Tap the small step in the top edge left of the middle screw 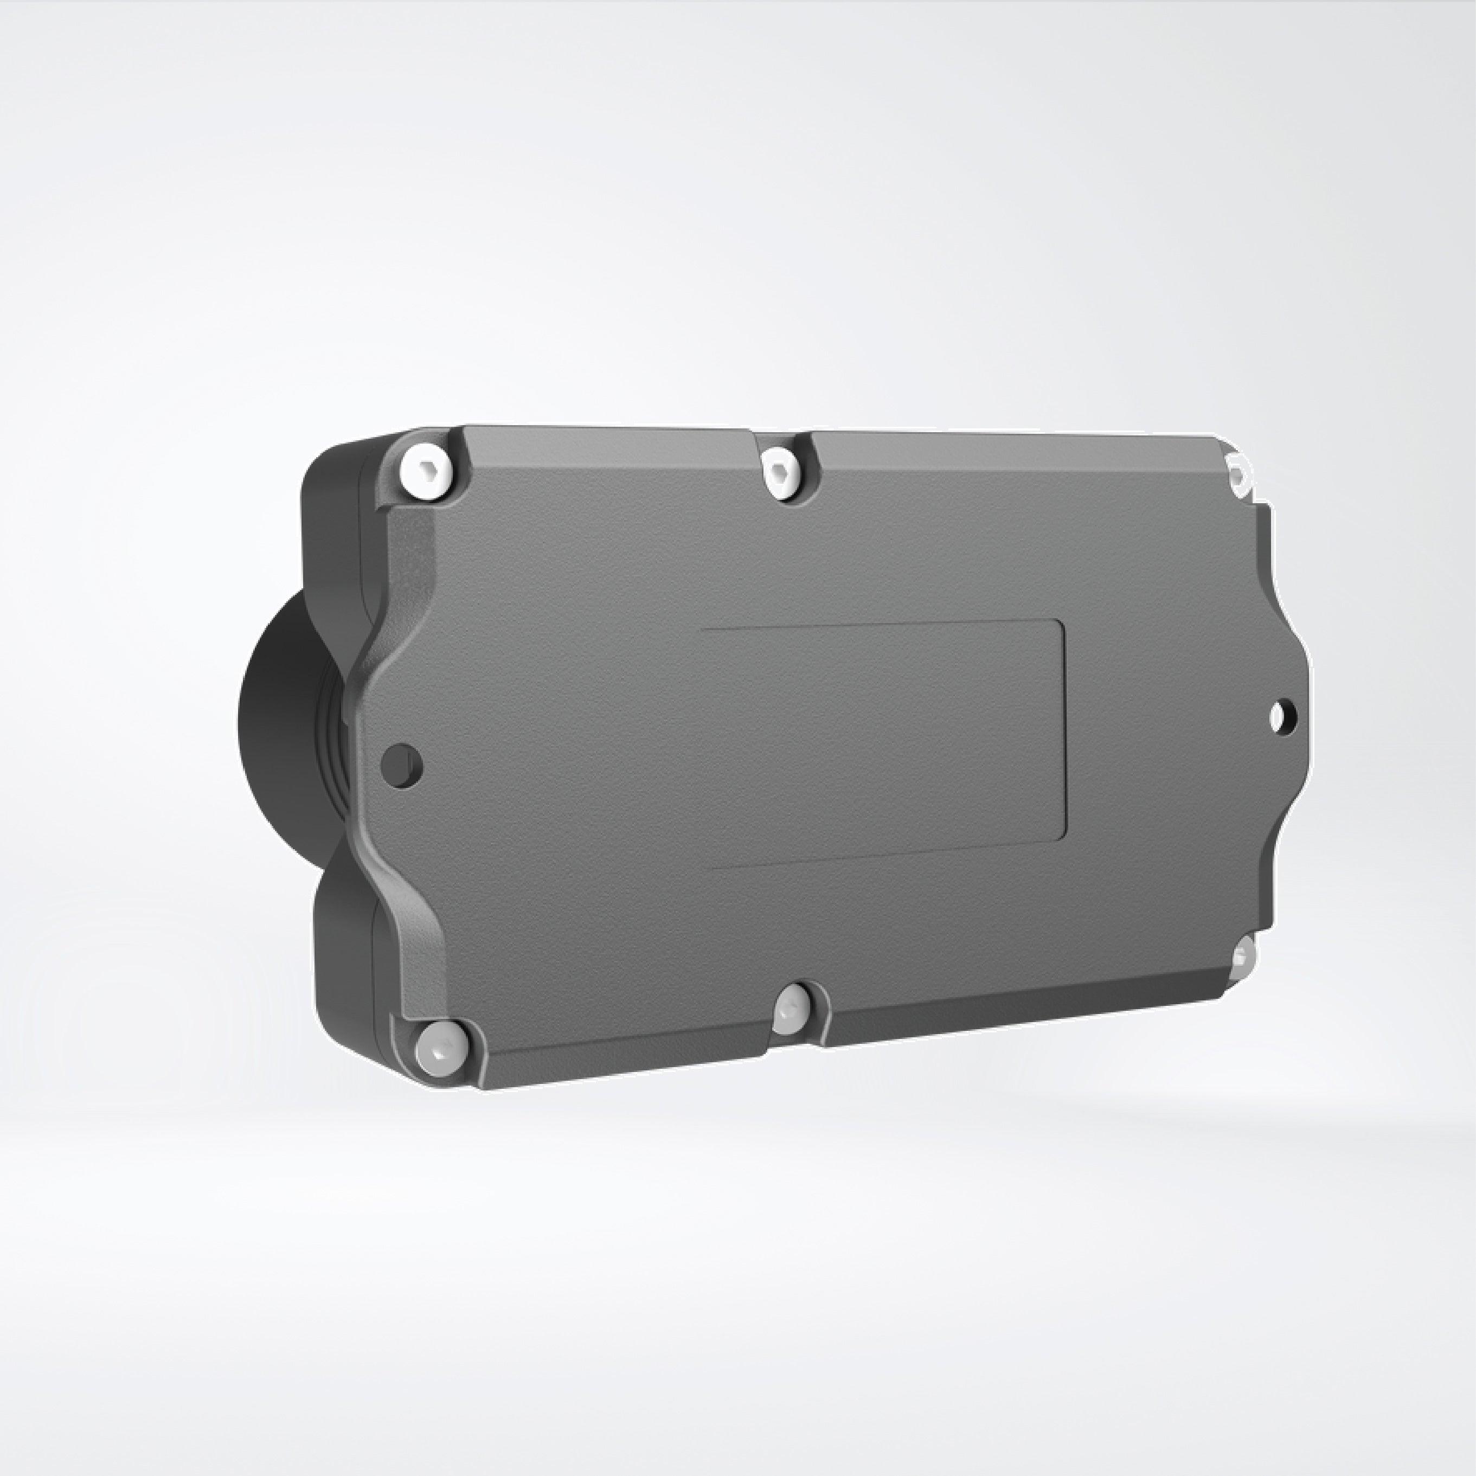pos(753,437)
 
